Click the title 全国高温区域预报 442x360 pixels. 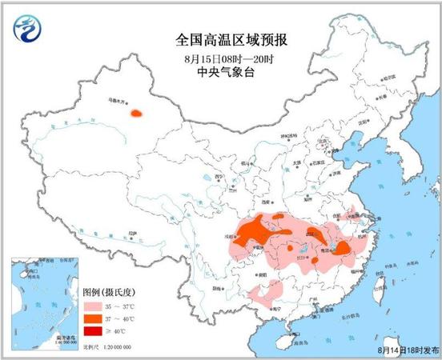221,38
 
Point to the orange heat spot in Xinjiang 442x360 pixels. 139,114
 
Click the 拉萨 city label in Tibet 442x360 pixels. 131,238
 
